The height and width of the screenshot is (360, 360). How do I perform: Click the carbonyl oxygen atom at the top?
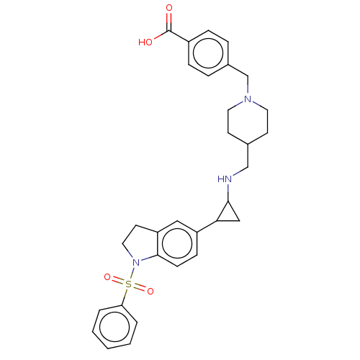169,8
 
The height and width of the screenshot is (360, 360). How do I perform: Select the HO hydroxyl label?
145,42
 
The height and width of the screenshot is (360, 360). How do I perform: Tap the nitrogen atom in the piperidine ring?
248,99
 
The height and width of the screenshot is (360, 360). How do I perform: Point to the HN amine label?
225,179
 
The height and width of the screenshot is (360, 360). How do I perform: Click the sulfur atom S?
129,284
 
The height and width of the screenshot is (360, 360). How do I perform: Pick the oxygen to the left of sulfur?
107,277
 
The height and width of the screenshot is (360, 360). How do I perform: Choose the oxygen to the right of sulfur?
150,291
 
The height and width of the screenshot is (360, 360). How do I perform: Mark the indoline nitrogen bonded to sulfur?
136,262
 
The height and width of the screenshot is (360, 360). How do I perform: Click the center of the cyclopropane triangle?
228,215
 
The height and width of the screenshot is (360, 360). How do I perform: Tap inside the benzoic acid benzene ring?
208,53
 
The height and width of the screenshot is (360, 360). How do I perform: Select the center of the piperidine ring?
248,121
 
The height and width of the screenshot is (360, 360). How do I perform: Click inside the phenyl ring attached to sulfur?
114,327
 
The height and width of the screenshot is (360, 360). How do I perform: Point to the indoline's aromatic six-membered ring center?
177,243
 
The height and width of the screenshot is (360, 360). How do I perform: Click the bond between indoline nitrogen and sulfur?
132,273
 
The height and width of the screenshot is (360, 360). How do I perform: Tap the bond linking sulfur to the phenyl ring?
125,297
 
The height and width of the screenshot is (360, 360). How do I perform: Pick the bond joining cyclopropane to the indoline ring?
207,226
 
